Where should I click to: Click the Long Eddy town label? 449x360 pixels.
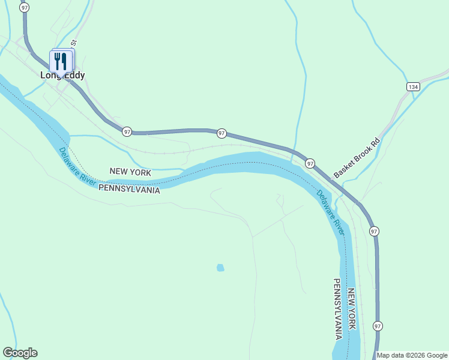tap(62, 76)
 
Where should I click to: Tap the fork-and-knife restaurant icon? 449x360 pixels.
tap(60, 61)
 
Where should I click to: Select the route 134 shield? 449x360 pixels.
tap(412, 87)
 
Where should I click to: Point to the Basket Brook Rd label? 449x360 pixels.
tap(357, 158)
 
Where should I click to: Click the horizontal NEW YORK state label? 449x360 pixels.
tap(130, 172)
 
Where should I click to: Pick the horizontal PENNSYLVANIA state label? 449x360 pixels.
tap(129, 188)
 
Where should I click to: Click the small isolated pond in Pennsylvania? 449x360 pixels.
tap(220, 268)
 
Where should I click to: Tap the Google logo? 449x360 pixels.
tap(20, 353)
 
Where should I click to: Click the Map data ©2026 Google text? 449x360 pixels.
tap(412, 355)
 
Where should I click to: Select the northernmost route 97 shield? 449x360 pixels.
tap(23, 7)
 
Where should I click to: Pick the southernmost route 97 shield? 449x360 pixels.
tap(377, 326)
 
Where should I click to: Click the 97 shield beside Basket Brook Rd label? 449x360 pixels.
tap(310, 163)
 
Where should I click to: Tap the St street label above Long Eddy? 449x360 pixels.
tap(74, 43)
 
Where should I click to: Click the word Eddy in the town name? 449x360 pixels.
tap(74, 76)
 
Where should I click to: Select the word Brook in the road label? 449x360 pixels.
tap(358, 157)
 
